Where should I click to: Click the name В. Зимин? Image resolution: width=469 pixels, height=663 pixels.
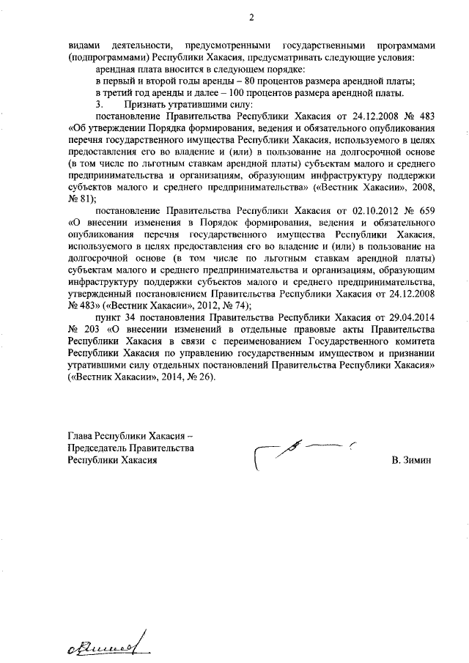click(413, 461)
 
